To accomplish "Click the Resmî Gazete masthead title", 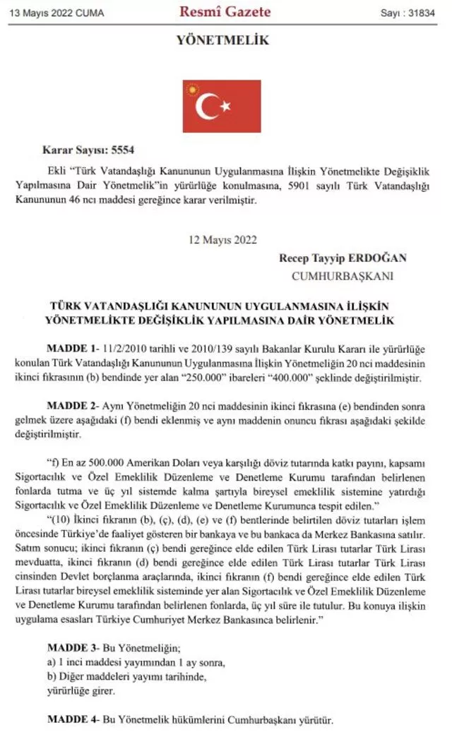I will click(x=225, y=11).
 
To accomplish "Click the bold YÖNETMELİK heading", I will click(x=222, y=41).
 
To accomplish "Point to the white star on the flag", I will click(x=226, y=107).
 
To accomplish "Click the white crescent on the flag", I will click(x=206, y=107).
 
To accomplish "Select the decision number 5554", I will click(x=121, y=150).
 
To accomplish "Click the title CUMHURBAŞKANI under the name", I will click(x=343, y=276).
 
